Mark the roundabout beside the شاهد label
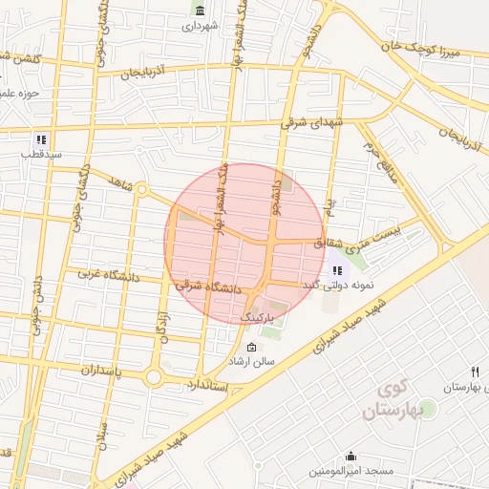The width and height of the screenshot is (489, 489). pos(141,189)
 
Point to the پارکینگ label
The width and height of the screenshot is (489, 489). pos(256,314)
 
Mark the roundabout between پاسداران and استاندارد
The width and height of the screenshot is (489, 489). pos(153,377)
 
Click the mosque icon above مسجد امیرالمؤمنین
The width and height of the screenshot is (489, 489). pos(351,457)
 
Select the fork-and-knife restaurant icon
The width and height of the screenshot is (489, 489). pos(474,372)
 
